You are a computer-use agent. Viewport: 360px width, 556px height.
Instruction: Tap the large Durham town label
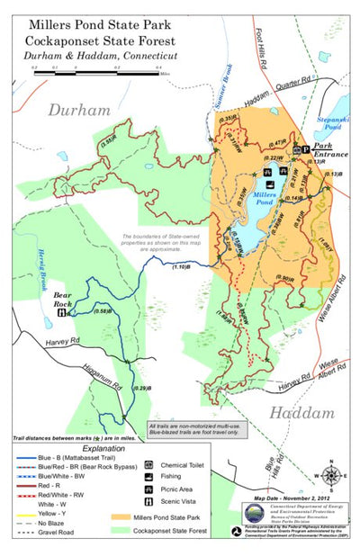(79, 111)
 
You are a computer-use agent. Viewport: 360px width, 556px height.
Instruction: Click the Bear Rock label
(62, 299)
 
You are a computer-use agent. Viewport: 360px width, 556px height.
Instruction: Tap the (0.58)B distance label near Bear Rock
(102, 311)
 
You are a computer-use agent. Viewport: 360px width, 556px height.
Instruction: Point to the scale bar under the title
(95, 72)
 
